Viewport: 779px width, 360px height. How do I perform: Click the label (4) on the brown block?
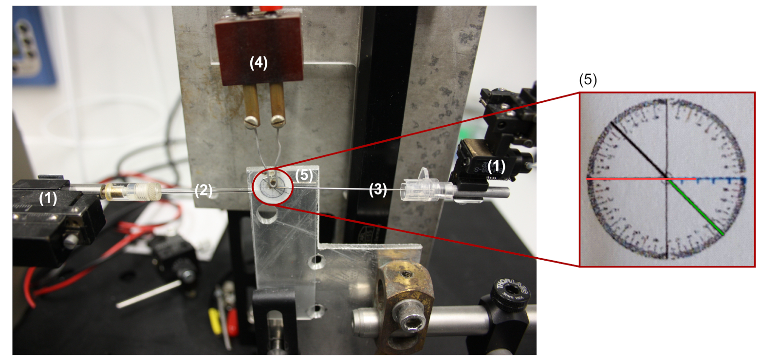click(259, 63)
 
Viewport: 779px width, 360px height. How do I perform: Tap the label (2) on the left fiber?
click(204, 190)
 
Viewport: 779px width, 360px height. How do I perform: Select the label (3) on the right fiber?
click(378, 189)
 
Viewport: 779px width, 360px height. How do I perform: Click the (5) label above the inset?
click(588, 80)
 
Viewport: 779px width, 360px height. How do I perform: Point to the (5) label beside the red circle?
click(304, 175)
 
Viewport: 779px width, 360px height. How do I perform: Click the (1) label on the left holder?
click(48, 198)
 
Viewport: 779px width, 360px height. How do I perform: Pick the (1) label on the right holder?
click(496, 166)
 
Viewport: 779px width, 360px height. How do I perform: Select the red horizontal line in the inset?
click(628, 179)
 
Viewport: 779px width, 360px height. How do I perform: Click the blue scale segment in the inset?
click(721, 180)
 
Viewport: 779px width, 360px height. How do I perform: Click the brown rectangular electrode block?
click(259, 49)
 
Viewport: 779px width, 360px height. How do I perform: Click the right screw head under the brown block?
click(278, 120)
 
